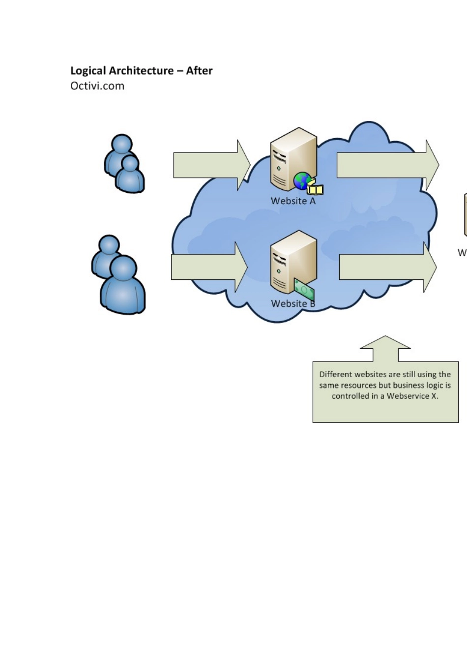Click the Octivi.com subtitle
pyautogui.click(x=97, y=86)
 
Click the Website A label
pyautogui.click(x=293, y=201)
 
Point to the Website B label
pyautogui.click(x=293, y=303)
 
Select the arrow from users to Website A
pyautogui.click(x=211, y=165)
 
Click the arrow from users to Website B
pyautogui.click(x=209, y=267)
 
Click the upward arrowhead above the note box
pyautogui.click(x=385, y=343)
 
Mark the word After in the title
pyautogui.click(x=199, y=71)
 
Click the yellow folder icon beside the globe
pyautogui.click(x=315, y=189)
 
